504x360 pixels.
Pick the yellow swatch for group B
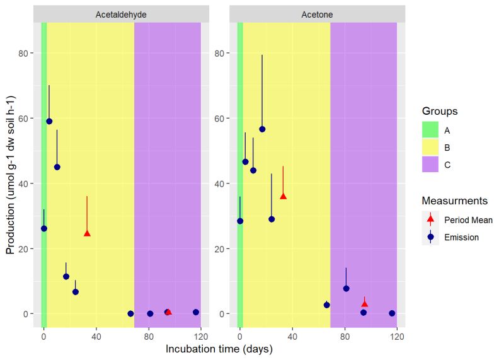click(x=430, y=148)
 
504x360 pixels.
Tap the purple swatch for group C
click(x=430, y=165)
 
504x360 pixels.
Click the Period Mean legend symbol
click(x=430, y=220)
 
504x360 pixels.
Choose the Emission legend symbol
click(x=430, y=237)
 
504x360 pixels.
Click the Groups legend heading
click(x=440, y=111)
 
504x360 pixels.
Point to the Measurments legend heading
click(x=454, y=200)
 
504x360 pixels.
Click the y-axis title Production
click(x=11, y=175)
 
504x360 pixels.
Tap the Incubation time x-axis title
click(x=219, y=349)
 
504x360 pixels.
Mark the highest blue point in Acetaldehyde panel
click(x=49, y=121)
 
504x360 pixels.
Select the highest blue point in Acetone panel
click(x=262, y=129)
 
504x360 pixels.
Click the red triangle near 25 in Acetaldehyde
click(x=87, y=233)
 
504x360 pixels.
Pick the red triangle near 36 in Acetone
click(x=283, y=196)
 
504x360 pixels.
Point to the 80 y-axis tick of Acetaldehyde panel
click(x=23, y=53)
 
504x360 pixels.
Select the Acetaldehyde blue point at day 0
click(x=43, y=228)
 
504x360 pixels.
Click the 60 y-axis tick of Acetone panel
click(x=220, y=119)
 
